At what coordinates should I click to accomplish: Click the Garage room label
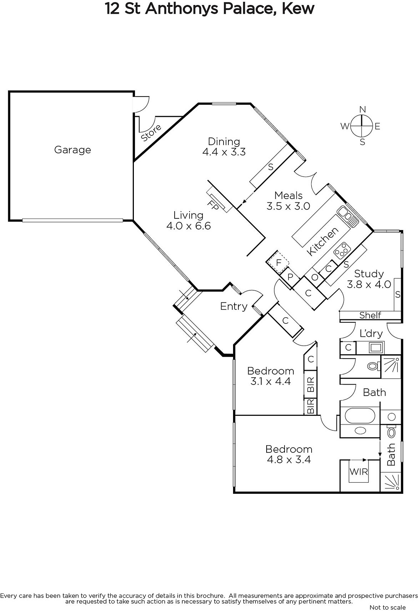click(72, 150)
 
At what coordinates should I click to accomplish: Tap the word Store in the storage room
click(151, 133)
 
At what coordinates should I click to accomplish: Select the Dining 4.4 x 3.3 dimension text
click(224, 152)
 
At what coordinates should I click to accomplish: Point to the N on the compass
click(362, 109)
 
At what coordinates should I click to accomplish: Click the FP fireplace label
click(213, 205)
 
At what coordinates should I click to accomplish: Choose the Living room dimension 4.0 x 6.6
click(188, 226)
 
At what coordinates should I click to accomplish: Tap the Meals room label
click(288, 195)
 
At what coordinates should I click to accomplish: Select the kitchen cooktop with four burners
click(341, 251)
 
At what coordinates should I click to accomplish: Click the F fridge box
click(278, 262)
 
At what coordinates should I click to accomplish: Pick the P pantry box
click(290, 277)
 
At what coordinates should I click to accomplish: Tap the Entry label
click(233, 306)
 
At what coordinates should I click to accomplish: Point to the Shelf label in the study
click(370, 315)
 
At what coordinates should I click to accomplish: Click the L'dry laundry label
click(371, 333)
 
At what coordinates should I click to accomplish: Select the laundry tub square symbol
click(376, 348)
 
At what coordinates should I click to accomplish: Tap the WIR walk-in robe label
click(359, 472)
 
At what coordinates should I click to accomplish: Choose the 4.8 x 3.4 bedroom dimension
click(289, 460)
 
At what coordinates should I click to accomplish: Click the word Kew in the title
click(298, 8)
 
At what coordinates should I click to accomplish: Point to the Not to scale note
click(387, 607)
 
